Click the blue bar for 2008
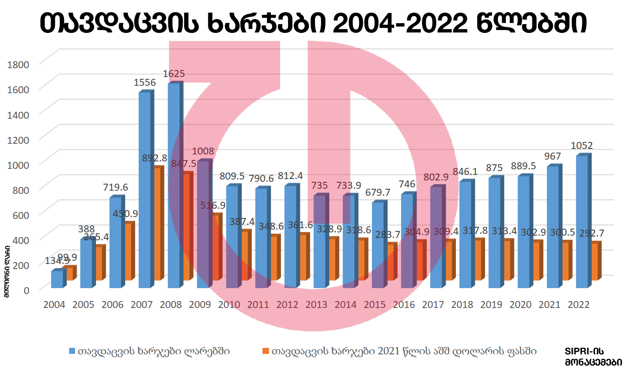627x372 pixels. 173,186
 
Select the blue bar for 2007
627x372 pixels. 144,190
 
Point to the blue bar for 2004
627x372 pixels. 57,279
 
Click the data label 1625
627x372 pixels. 174,73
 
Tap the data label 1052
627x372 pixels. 582,145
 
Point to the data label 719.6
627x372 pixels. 115,187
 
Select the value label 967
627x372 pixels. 552,156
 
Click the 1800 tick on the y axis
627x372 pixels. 19,64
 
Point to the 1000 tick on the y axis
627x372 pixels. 19,164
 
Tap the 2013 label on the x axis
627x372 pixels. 316,305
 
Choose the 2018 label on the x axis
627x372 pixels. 462,305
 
